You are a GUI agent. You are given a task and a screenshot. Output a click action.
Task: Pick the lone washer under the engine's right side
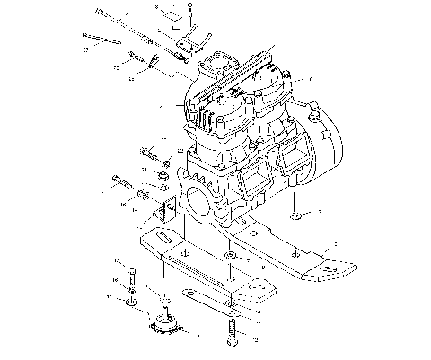coord(295,217)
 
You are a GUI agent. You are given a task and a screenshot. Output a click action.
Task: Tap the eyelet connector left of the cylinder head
coord(153,63)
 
